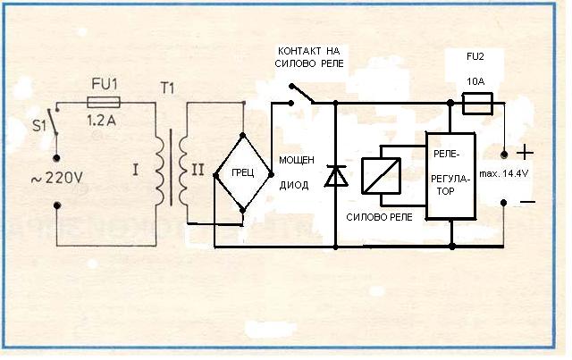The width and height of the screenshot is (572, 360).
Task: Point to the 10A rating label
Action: pos(476,80)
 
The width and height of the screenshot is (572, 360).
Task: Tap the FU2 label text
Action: pos(476,55)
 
